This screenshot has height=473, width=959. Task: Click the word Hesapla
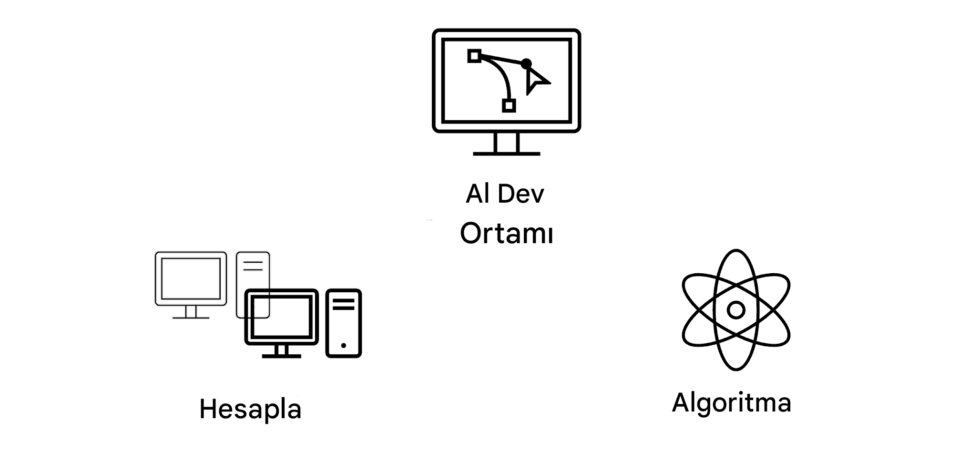point(250,409)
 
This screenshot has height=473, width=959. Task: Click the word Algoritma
point(732,402)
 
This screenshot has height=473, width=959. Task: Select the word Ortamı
point(507,233)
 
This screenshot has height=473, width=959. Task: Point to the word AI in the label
point(478,194)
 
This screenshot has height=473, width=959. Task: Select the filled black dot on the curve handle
point(526,63)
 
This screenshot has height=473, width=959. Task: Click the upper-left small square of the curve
point(474,56)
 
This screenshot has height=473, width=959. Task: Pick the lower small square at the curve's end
point(509,105)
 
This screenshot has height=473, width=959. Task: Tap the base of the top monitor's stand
point(507,154)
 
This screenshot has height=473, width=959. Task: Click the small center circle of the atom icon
point(736,310)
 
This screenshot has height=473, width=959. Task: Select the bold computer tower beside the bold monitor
point(344,323)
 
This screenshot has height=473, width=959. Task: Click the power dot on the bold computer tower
point(344,345)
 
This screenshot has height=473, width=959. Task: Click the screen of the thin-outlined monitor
point(191,278)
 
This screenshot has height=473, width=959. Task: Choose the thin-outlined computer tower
point(253,285)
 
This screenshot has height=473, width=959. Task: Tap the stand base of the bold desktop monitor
point(281,356)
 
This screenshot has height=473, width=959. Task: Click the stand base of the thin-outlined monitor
point(191,317)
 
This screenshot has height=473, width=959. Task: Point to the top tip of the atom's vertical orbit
point(736,250)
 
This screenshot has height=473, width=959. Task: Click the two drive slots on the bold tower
point(344,304)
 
